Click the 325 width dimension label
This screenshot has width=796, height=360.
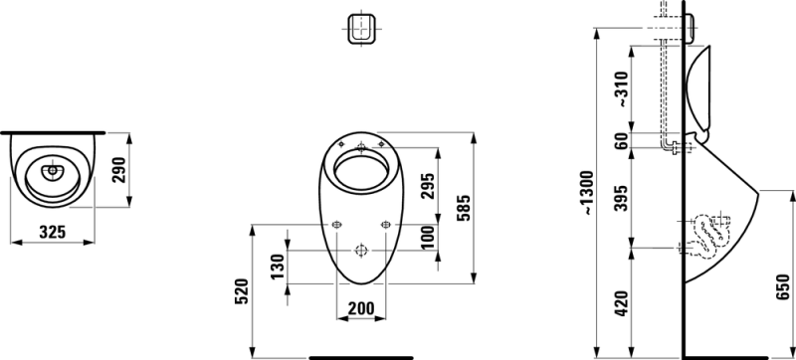pos(53,233)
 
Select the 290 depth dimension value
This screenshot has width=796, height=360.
pos(119,170)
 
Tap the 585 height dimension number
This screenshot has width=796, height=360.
pos(465,208)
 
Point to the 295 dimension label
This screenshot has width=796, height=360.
pos(429,186)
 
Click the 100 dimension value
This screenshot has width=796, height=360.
pos(429,238)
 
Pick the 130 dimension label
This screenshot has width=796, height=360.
pos(278,267)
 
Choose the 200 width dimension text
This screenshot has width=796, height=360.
pos(361,308)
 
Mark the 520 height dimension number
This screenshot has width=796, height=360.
pos(242,291)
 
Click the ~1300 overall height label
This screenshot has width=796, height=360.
pos(587,194)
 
